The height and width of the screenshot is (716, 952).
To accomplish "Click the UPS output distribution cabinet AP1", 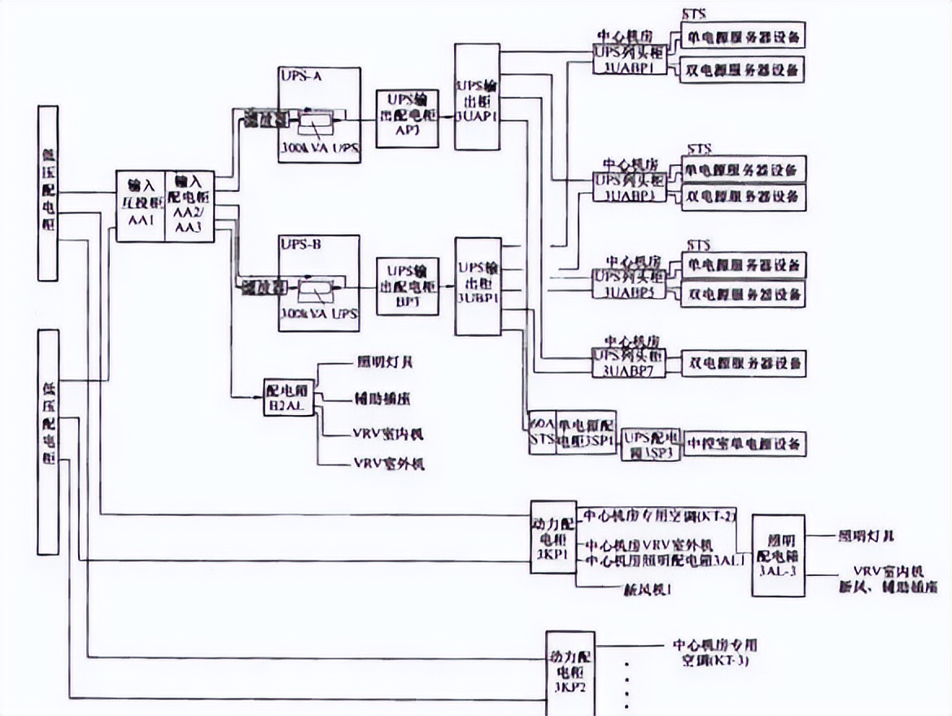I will [406, 118].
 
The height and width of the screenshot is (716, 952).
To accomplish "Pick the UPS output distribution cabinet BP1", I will [406, 286].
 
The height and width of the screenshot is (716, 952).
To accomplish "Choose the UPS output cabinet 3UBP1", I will [476, 286].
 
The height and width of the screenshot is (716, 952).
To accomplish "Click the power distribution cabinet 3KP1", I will [552, 538].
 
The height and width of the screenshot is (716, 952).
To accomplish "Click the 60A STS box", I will [542, 432].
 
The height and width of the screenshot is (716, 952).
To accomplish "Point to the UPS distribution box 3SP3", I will [649, 445].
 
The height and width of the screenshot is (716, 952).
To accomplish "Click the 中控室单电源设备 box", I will [744, 443].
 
